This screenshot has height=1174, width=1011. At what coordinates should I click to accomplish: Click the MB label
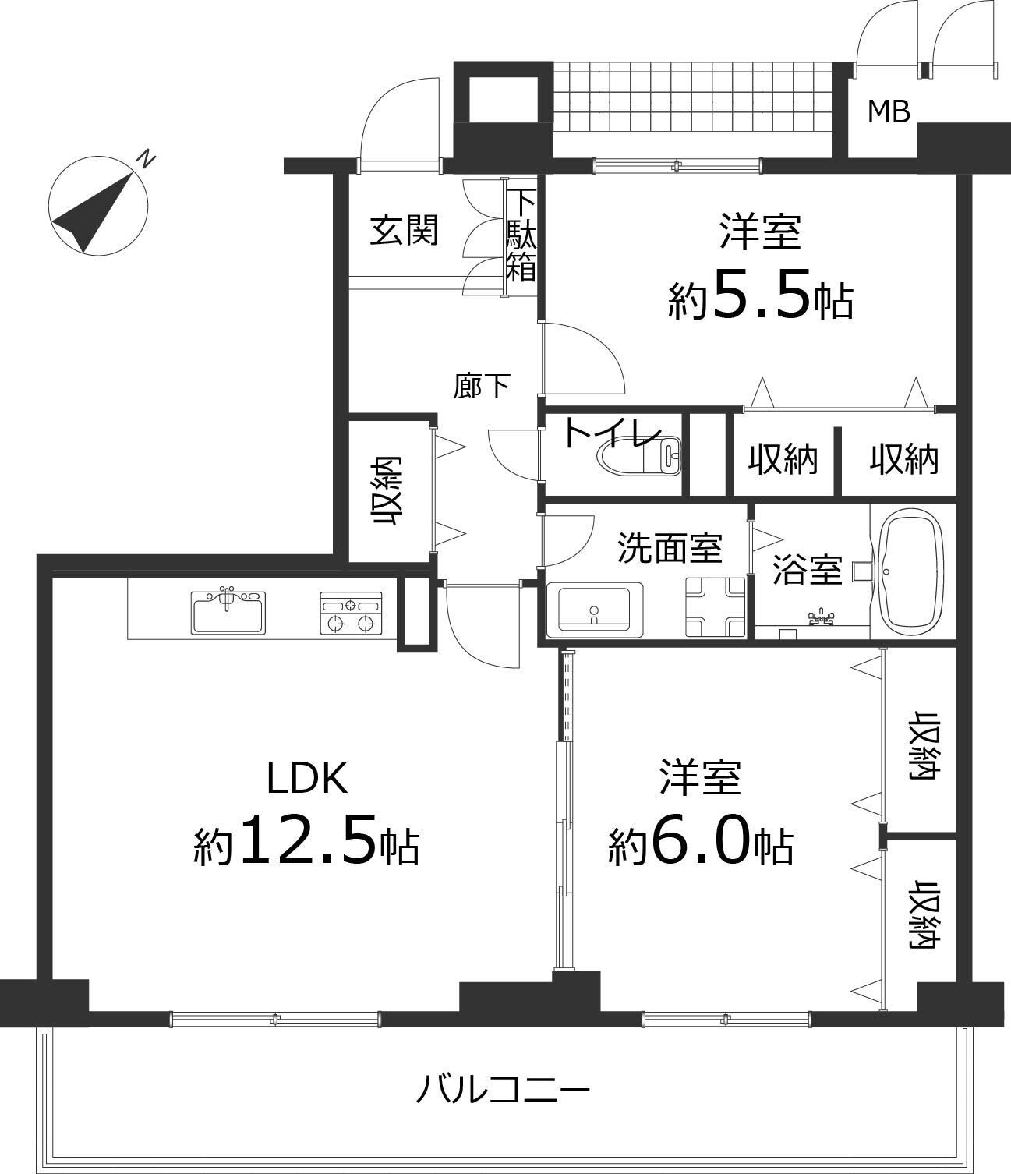889,112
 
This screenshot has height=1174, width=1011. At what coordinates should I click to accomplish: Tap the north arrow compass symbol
97,205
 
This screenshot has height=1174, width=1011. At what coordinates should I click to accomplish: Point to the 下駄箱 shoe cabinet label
521,235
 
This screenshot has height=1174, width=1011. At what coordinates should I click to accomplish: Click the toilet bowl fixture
639,454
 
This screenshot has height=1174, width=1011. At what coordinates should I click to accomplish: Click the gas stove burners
351,613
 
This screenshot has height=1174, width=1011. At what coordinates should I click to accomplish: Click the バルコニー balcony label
503,1089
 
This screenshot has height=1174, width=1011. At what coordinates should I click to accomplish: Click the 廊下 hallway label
483,387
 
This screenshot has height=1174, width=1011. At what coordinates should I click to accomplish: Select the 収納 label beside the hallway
387,491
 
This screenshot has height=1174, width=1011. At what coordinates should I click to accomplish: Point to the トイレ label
613,433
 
